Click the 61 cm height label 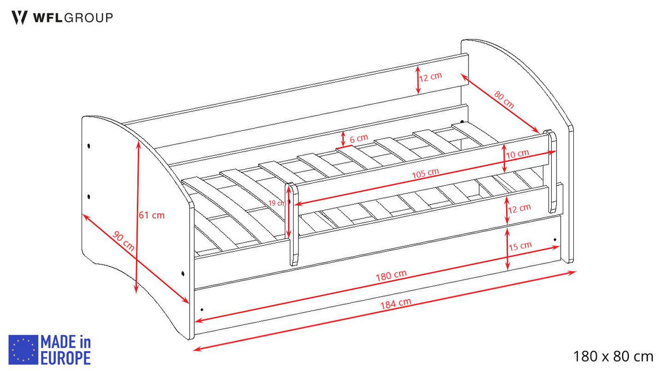pos(152,215)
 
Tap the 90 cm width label pos(123,241)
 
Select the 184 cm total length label pos(396,303)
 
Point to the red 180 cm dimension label pos(391,276)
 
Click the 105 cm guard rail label pos(425,174)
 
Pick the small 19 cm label pos(277,203)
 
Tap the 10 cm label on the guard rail pos(517,154)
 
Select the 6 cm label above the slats pos(359,139)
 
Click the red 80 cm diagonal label pos(504,99)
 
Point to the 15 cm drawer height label pos(520,246)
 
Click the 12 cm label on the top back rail pos(430,77)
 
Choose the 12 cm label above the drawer pos(519,209)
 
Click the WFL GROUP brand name pos(73,18)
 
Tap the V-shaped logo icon pos(19,18)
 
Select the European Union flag pos(23,349)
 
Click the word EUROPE pos(65,358)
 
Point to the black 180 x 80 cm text pos(613,356)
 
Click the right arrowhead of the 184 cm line pos(572,272)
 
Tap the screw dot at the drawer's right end pos(555,240)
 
